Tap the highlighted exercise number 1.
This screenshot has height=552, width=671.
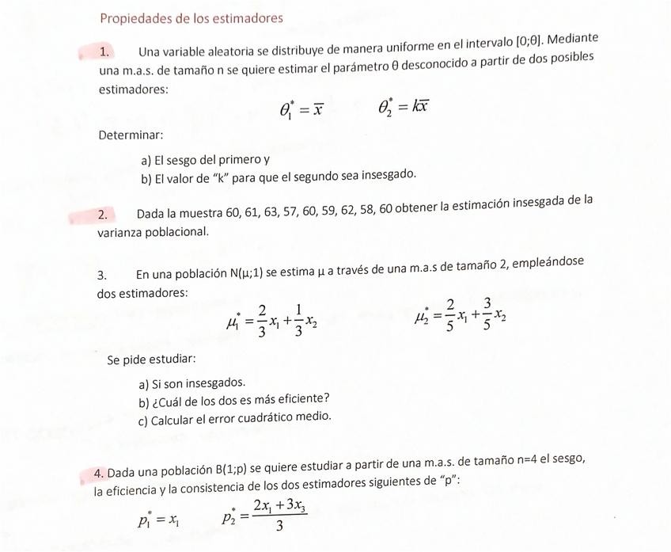(104, 52)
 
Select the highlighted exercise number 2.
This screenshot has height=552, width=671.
(103, 215)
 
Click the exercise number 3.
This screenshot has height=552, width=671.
(102, 276)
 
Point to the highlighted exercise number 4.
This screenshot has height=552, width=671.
(99, 474)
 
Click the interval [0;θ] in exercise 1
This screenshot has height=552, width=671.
(529, 42)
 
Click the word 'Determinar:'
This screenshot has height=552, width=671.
(131, 135)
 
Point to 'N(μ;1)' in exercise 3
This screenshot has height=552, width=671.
(247, 274)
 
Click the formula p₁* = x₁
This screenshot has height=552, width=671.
(159, 520)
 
